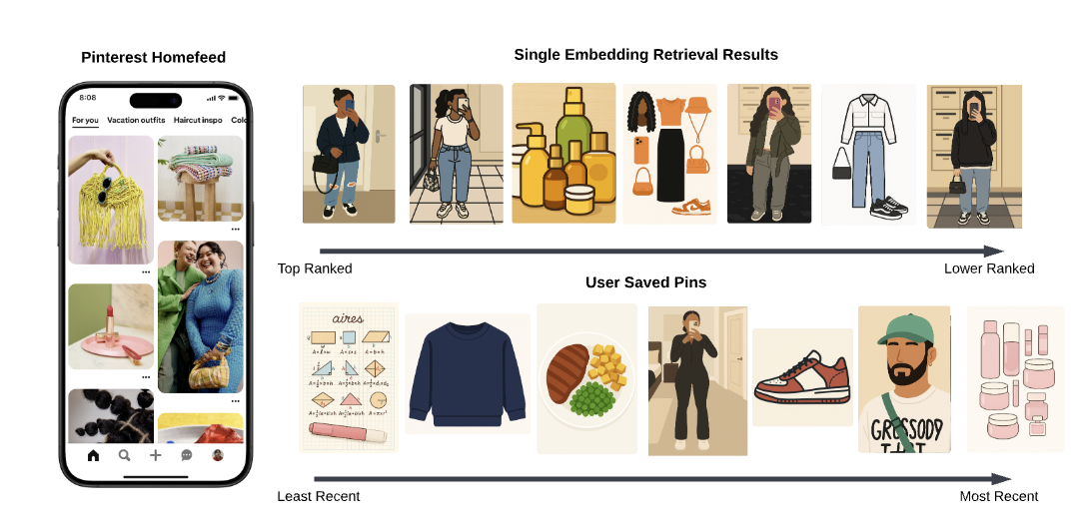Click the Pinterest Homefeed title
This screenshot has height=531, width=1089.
click(x=153, y=57)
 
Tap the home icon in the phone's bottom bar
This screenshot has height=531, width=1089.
click(x=94, y=455)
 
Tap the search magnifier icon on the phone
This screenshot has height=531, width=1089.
click(x=125, y=455)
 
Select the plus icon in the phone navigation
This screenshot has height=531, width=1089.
click(x=155, y=455)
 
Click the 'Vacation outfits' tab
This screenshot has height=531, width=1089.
click(x=136, y=121)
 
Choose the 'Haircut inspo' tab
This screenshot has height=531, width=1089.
click(x=199, y=121)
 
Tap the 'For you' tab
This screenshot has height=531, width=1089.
click(x=85, y=121)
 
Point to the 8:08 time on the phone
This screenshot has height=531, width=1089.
click(x=88, y=98)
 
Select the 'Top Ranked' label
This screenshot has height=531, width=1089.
click(x=315, y=268)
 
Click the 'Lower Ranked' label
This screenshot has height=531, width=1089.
click(x=989, y=268)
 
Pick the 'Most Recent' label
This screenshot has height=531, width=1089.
click(x=998, y=496)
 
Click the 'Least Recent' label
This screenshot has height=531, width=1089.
click(x=319, y=496)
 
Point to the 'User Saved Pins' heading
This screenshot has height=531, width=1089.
click(x=645, y=282)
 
